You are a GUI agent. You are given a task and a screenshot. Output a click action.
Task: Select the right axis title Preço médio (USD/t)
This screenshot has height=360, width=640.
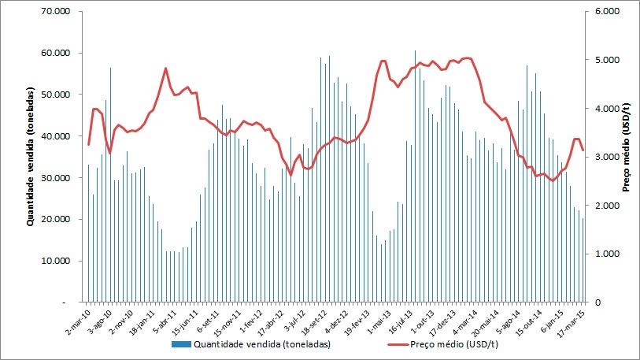point(627,157)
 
